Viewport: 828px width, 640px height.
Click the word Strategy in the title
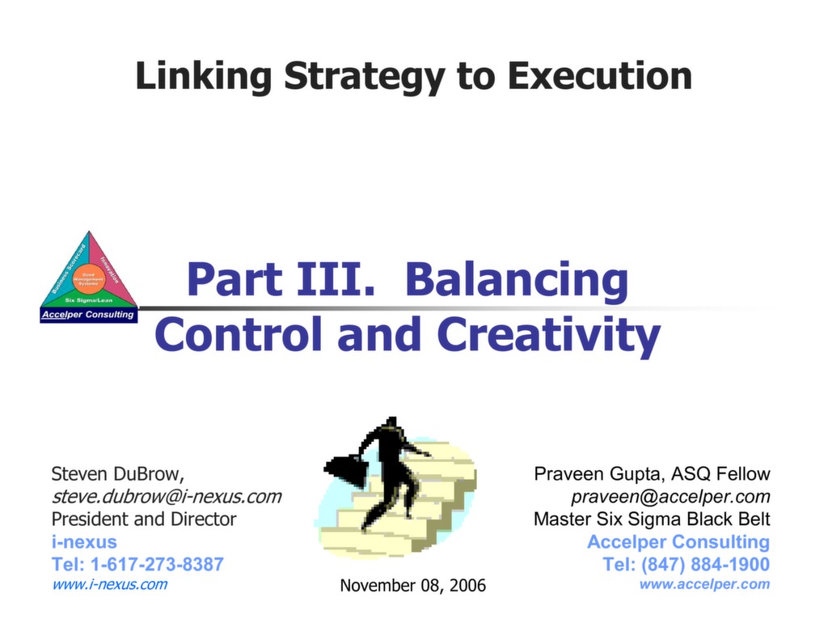pos(364,77)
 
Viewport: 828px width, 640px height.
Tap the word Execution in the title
pos(599,77)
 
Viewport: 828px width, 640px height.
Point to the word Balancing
pos(517,280)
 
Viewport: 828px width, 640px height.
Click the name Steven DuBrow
pos(116,474)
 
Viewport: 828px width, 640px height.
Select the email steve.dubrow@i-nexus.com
pos(166,496)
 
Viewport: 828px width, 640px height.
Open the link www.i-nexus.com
pos(109,584)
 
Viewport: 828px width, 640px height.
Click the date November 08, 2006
pos(412,585)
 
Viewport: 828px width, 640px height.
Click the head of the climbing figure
pos(392,423)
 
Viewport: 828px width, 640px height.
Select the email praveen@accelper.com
pos(670,496)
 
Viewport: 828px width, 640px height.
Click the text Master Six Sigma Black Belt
pos(652,519)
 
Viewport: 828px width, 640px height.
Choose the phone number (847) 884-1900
pos(708,564)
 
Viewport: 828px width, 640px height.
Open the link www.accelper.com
pos(704,584)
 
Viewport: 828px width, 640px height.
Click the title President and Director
pos(144,519)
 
